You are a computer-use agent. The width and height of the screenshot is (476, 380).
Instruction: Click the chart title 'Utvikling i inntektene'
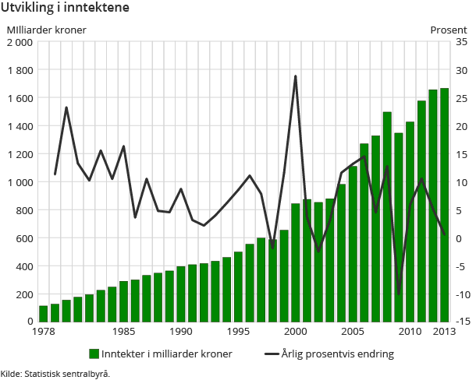click(x=66, y=9)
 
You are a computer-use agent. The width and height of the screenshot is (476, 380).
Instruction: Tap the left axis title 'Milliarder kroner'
click(x=46, y=30)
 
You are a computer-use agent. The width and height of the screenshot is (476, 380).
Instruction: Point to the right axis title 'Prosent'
click(x=449, y=30)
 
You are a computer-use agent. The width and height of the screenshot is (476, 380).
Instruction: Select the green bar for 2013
click(x=444, y=205)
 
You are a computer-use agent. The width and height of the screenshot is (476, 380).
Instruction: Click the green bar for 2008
click(x=387, y=216)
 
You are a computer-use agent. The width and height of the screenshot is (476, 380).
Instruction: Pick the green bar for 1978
click(x=44, y=313)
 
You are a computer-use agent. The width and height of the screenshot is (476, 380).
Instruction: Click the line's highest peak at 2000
click(x=296, y=76)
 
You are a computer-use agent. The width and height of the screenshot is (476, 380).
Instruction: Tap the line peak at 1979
click(x=66, y=107)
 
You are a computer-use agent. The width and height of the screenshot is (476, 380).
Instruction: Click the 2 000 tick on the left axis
click(x=20, y=42)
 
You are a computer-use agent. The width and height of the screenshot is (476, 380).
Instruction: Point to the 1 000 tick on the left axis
click(x=20, y=182)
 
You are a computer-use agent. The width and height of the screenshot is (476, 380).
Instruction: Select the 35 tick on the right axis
click(x=461, y=42)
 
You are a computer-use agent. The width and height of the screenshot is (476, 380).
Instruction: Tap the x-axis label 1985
click(x=123, y=332)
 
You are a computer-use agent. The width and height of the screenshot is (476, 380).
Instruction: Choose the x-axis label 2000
click(x=295, y=332)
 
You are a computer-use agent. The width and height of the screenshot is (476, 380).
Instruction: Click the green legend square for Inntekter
click(x=94, y=354)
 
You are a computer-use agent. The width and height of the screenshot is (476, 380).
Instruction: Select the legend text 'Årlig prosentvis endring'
click(x=337, y=354)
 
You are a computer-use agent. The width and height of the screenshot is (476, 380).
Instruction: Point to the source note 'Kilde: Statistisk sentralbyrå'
click(x=55, y=373)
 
